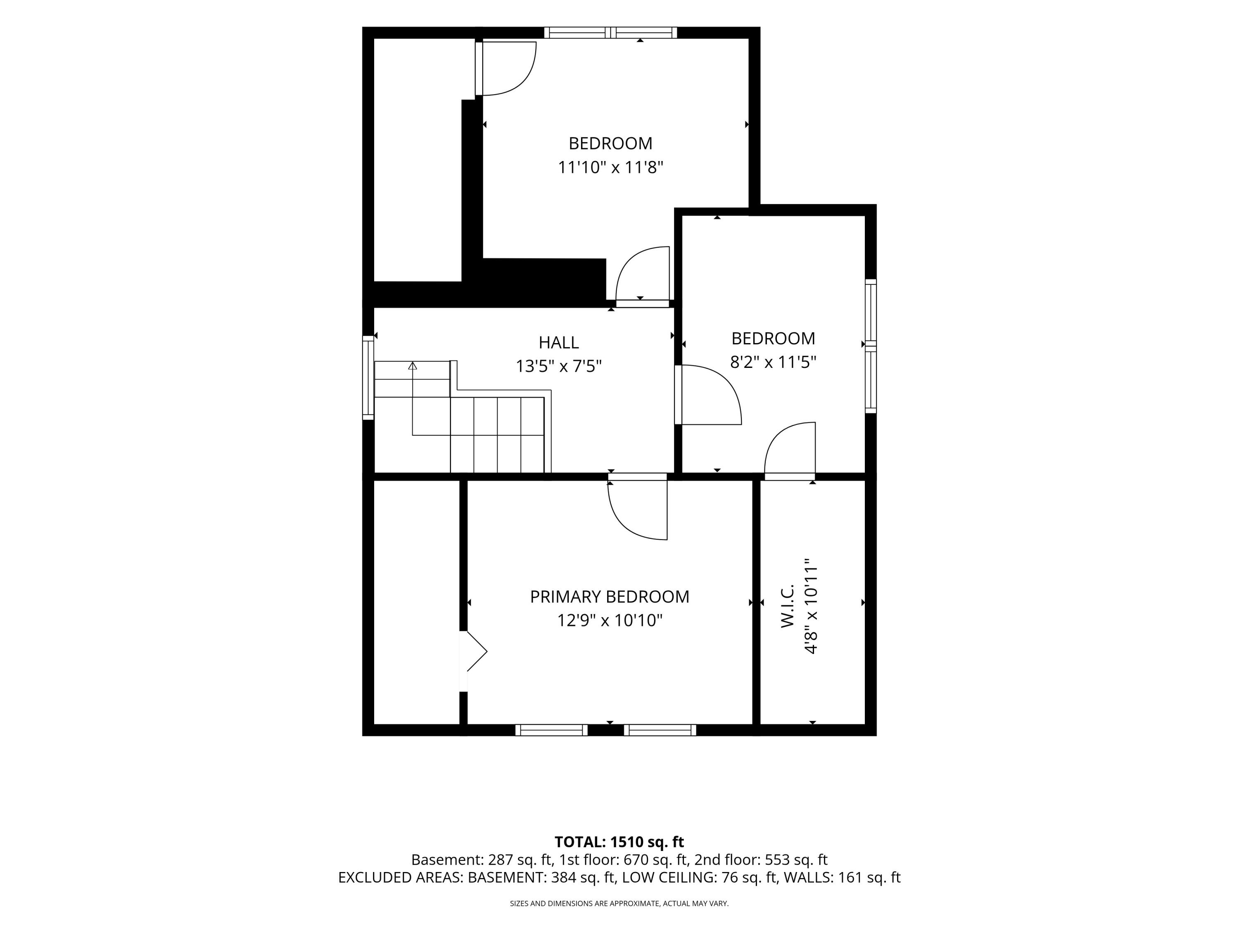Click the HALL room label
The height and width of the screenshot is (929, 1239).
[x=558, y=342]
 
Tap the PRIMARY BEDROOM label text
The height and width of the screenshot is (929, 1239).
[x=610, y=597]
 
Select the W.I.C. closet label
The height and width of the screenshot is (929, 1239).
[x=788, y=606]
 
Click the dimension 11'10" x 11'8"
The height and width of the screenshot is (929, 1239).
[x=610, y=168]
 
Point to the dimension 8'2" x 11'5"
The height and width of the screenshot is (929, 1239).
[x=773, y=362]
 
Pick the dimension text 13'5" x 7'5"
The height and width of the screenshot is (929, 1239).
[x=558, y=366]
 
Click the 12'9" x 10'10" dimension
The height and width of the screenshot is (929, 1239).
[x=610, y=621]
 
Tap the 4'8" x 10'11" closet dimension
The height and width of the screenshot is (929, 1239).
[x=811, y=606]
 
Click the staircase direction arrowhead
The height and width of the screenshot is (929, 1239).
[x=413, y=366]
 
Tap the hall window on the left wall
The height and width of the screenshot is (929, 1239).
[x=368, y=377]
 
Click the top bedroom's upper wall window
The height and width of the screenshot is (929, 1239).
[x=610, y=33]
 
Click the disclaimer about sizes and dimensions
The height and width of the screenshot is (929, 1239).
[x=619, y=903]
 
